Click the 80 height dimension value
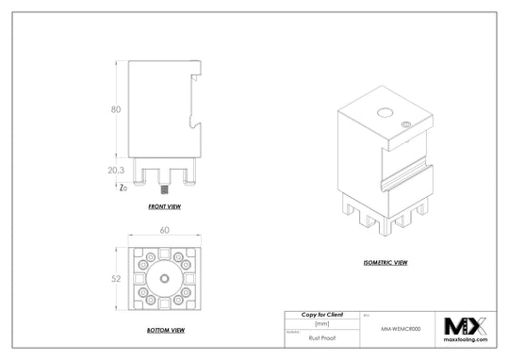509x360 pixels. pos(116,109)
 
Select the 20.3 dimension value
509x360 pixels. pos(116,170)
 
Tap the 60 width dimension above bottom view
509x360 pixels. pos(164,230)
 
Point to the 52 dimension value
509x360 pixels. pos(116,278)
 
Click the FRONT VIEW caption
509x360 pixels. pos(164,205)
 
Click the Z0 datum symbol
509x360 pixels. pos(123,188)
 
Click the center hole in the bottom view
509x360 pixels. pos(164,278)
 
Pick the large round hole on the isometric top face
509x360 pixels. pos(385,113)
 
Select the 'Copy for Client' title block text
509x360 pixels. pos(320,314)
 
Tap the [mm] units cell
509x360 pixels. pos(320,323)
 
